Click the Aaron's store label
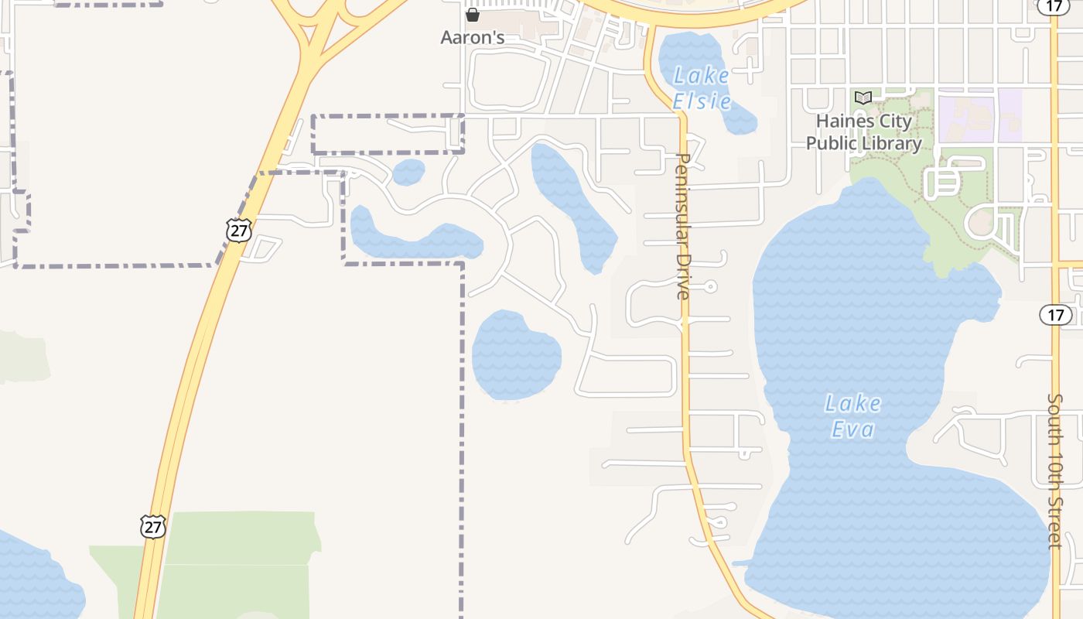coord(472,37)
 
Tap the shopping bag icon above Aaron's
coord(473,15)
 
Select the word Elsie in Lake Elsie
coord(702,101)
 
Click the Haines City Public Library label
coord(863,132)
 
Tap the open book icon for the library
coord(863,98)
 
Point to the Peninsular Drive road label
coord(682,226)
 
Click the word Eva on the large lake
coord(852,429)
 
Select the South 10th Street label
coord(1055,471)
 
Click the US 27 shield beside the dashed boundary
coord(239,230)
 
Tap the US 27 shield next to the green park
coord(153,526)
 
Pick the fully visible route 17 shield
coord(1056,315)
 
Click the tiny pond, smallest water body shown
coord(408,173)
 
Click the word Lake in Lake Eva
coord(852,403)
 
